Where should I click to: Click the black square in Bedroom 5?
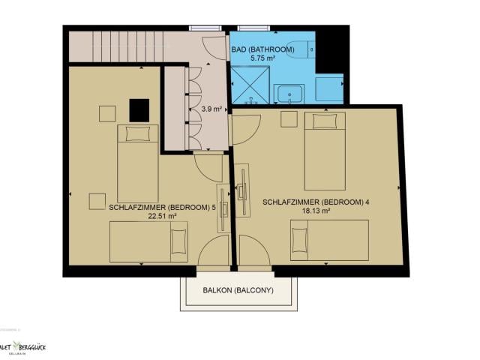point(139,110)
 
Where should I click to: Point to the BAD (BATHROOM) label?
point(262,49)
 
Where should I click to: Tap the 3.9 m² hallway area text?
point(211,109)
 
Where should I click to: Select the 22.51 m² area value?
point(161,216)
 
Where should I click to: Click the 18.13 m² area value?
point(316,211)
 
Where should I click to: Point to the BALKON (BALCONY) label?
point(238,290)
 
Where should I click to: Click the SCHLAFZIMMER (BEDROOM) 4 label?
point(316,202)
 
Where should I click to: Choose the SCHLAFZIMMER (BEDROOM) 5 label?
point(162,207)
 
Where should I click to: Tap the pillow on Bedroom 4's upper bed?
point(324,121)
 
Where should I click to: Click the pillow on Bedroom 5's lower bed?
point(177,241)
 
